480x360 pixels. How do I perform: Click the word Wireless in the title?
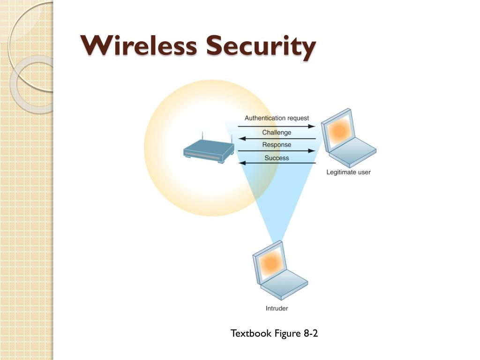[x=139, y=46]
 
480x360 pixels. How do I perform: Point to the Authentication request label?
[x=277, y=119]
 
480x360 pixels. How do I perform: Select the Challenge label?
[x=277, y=133]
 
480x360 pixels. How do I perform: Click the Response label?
[x=277, y=145]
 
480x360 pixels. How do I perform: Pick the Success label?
[x=277, y=158]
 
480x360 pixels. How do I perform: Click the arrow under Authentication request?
[x=277, y=127]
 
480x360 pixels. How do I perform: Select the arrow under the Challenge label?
[x=277, y=139]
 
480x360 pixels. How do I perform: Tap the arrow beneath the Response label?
[x=277, y=151]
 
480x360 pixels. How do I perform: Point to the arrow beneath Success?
[x=277, y=163]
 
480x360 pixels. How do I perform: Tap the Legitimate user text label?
[x=348, y=172]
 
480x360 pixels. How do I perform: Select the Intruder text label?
[x=277, y=308]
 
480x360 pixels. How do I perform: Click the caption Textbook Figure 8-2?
[x=274, y=334]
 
